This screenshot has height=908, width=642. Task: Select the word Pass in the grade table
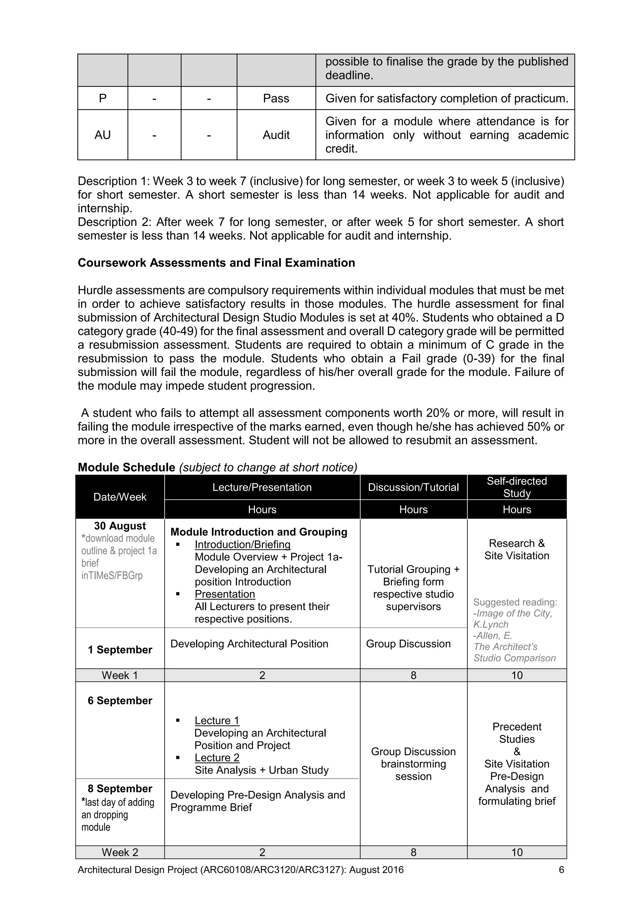click(276, 98)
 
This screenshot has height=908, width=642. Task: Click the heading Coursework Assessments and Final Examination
click(216, 263)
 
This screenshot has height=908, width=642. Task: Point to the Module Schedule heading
click(126, 467)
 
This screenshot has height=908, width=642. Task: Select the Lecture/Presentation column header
click(262, 487)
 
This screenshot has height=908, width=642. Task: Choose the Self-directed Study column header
click(516, 487)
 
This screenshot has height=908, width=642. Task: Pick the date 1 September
click(119, 650)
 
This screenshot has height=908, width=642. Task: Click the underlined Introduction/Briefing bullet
click(243, 545)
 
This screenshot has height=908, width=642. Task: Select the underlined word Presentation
click(225, 594)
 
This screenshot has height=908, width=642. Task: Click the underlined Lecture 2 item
click(217, 758)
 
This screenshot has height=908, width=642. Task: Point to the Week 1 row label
click(119, 676)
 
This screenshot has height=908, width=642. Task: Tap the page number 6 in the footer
click(561, 870)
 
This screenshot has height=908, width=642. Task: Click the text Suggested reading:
click(515, 602)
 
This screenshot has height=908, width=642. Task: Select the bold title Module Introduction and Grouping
click(259, 532)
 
